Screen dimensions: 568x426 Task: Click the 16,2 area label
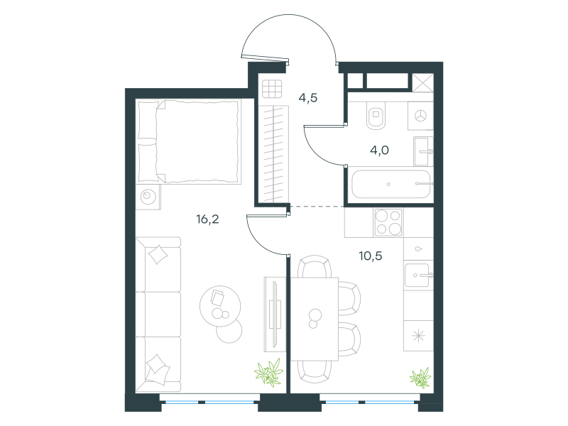click(x=207, y=219)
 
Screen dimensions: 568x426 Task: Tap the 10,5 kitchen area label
click(x=370, y=256)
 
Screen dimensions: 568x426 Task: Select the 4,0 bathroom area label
click(x=379, y=150)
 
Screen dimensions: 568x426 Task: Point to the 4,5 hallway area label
click(x=308, y=98)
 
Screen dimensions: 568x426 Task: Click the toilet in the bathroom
click(x=376, y=115)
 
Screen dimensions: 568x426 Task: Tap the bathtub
click(x=391, y=184)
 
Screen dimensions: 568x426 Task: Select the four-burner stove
click(x=388, y=223)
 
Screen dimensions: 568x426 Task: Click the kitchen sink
click(x=418, y=275)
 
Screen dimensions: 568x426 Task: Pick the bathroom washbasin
click(x=423, y=151)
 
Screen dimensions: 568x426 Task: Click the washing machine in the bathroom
click(x=420, y=116)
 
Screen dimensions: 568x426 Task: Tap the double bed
click(x=190, y=141)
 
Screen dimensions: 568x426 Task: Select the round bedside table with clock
click(x=148, y=197)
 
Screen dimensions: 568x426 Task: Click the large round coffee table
click(x=220, y=306)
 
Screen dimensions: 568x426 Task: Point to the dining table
click(x=314, y=319)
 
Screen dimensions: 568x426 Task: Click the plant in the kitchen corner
click(x=420, y=378)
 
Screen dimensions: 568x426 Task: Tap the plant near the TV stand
click(x=268, y=372)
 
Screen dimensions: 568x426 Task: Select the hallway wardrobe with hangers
click(x=274, y=154)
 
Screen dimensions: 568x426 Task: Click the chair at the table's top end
click(x=315, y=267)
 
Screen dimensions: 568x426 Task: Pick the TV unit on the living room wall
click(x=275, y=314)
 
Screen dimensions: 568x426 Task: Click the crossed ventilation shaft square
click(x=422, y=83)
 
